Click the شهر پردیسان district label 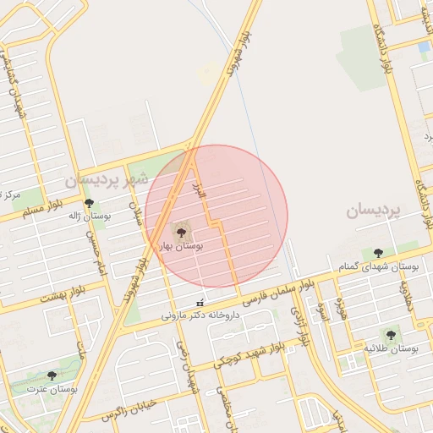pos(106,179)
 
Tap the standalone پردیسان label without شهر pos(371,211)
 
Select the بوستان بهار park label pos(181,245)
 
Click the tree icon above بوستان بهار pos(181,230)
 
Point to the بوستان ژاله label pos(90,217)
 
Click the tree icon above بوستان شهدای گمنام pos(377,253)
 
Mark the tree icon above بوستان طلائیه pos(390,335)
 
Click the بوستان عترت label pos(52,390)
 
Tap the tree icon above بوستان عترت pos(52,375)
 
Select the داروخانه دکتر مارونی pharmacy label pos(196,315)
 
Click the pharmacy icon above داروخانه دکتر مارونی pos(200,302)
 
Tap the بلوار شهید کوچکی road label pos(266,354)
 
